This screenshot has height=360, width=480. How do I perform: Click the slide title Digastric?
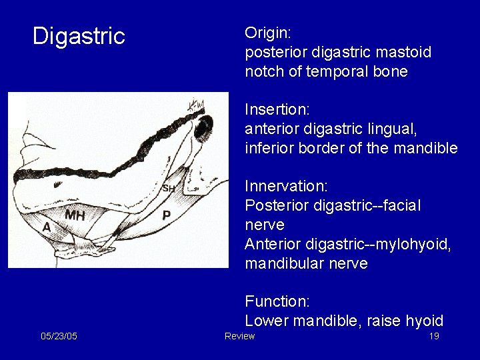[79, 36]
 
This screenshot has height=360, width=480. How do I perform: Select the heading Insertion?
[273, 109]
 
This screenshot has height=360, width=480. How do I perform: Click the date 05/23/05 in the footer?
[59, 336]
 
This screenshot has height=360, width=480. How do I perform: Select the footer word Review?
[240, 336]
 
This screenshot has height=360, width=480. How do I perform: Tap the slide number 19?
[434, 336]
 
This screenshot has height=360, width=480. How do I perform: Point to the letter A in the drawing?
[47, 227]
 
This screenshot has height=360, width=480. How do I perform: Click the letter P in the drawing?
[167, 215]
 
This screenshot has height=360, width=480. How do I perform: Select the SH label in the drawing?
[169, 189]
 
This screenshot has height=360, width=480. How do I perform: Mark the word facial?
[401, 205]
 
